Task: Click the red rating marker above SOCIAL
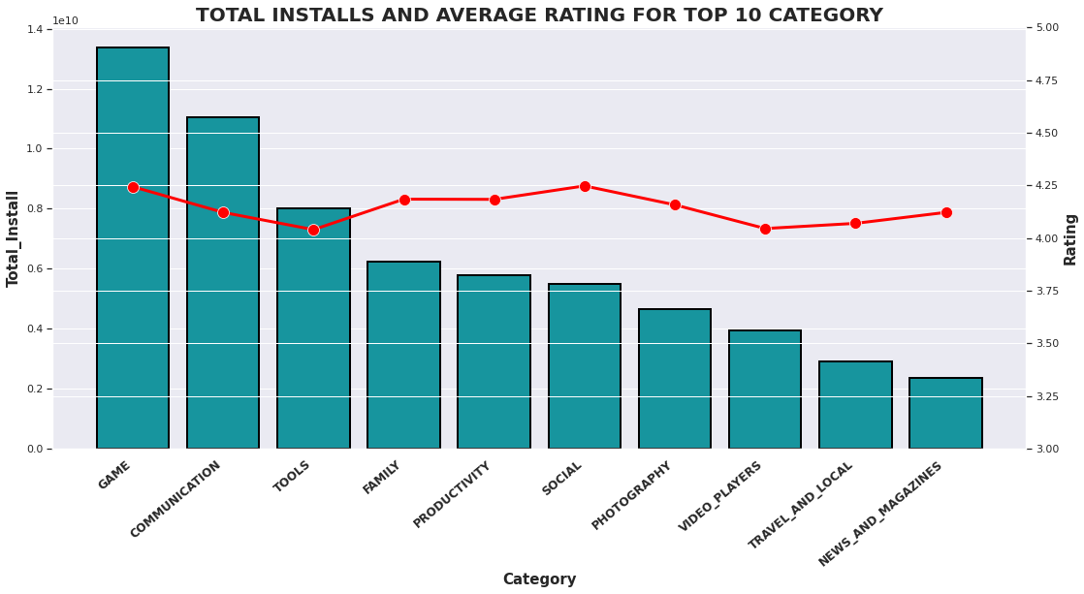tap(585, 186)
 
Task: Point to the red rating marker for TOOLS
tap(313, 230)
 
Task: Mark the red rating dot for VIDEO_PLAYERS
tap(765, 229)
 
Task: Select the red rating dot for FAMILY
tap(404, 200)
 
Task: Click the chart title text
tap(539, 16)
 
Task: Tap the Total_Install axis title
tap(14, 238)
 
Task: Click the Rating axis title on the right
tap(1070, 239)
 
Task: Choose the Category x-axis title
tap(539, 579)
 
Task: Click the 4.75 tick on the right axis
tap(1046, 80)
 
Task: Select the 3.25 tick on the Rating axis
tap(1046, 396)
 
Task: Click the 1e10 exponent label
tap(65, 21)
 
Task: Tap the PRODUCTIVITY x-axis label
tap(453, 494)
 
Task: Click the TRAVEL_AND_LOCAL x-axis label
tap(801, 505)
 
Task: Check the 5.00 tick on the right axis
tap(1046, 28)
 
